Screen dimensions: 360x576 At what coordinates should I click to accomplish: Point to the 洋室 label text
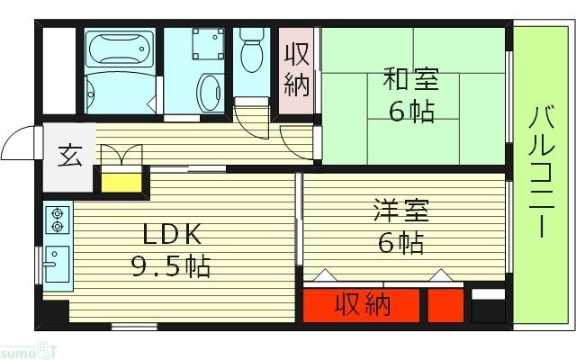pos(401,212)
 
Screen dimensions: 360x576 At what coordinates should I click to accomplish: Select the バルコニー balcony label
pos(540,171)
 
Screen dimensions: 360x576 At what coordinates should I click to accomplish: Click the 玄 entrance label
pos(69,156)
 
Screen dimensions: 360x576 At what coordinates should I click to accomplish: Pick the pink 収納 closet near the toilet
pos(297,70)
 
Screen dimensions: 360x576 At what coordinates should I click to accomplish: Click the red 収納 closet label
pos(364,305)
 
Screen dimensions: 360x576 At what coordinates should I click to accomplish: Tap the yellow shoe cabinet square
pos(121,183)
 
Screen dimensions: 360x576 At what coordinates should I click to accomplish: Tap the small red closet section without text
pos(445,306)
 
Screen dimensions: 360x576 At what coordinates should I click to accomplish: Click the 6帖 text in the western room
pos(401,243)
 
